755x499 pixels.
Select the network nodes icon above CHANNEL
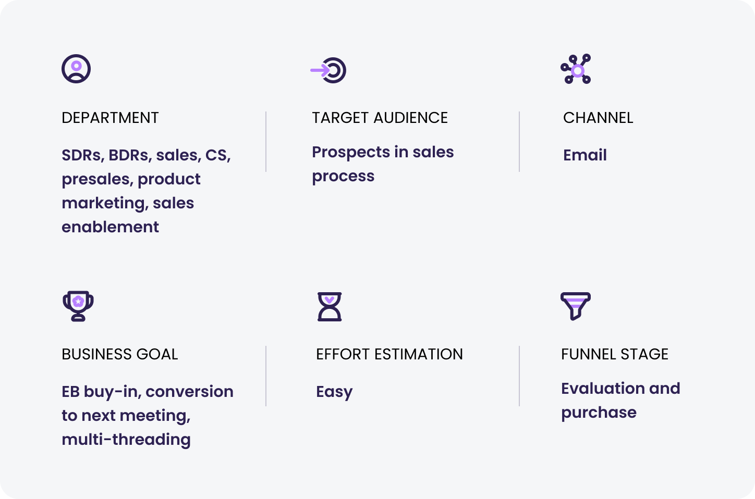(x=576, y=69)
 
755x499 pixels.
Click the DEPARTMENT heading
(x=110, y=118)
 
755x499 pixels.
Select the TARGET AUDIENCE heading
(x=380, y=118)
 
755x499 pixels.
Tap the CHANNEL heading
(x=598, y=118)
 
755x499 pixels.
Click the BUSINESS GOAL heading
(x=119, y=354)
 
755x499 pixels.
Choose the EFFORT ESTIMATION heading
(x=389, y=354)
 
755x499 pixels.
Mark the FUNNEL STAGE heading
(x=614, y=354)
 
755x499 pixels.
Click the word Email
(x=585, y=155)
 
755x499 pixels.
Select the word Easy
(x=334, y=392)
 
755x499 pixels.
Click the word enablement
(x=110, y=227)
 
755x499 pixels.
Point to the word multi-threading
(x=126, y=440)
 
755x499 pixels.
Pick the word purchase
(x=599, y=413)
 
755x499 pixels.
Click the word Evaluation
(x=603, y=389)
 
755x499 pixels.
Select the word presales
(x=98, y=180)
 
